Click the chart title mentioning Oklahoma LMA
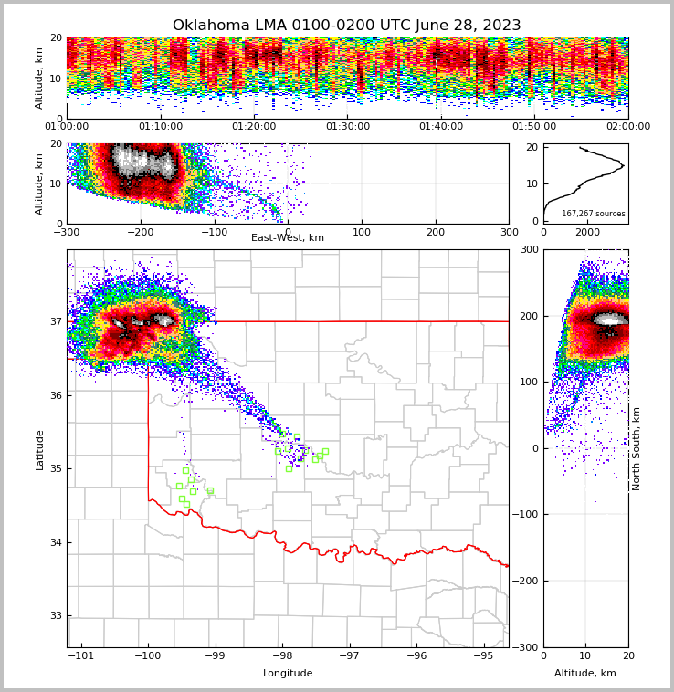pyautogui.click(x=346, y=26)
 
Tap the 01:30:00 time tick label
pyautogui.click(x=348, y=127)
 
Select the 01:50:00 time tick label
pyautogui.click(x=535, y=127)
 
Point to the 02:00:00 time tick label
pyautogui.click(x=628, y=127)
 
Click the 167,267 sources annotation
pyautogui.click(x=594, y=214)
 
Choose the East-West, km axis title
pyautogui.click(x=288, y=238)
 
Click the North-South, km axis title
pyautogui.click(x=637, y=448)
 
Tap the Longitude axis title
pyautogui.click(x=288, y=674)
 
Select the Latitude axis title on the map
pyautogui.click(x=40, y=449)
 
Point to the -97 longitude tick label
pyautogui.click(x=349, y=655)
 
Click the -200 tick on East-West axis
pyautogui.click(x=140, y=232)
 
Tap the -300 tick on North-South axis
pyautogui.click(x=528, y=647)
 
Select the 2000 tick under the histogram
pyautogui.click(x=585, y=232)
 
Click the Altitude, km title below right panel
pyautogui.click(x=585, y=674)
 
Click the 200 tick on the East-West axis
pyautogui.click(x=436, y=232)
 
